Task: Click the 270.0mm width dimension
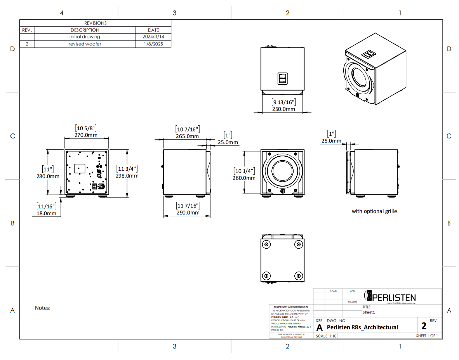tap(86, 135)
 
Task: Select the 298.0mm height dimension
tap(127, 176)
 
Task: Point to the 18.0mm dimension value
tap(47, 213)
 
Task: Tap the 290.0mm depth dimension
tap(188, 213)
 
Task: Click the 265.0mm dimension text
tap(187, 136)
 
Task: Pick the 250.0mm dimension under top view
tap(283, 109)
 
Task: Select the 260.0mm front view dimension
tap(244, 178)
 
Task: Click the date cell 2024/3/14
tap(153, 36)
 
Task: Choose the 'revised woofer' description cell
tap(85, 44)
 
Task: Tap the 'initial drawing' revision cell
tap(85, 36)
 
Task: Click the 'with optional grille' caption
tap(374, 211)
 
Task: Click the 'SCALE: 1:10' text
tap(326, 336)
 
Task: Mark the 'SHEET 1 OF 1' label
tap(427, 336)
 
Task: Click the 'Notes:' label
tap(43, 308)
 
